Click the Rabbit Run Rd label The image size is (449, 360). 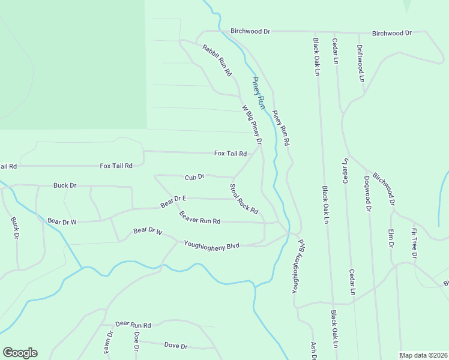(x=217, y=60)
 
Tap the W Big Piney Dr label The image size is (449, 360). (x=252, y=125)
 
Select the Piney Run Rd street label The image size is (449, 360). (x=281, y=128)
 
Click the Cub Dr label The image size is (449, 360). (x=195, y=177)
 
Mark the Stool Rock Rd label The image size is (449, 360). (x=244, y=199)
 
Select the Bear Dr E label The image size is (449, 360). (x=173, y=201)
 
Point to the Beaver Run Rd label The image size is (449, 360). (x=200, y=218)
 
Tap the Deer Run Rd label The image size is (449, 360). (x=133, y=324)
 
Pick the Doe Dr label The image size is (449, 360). (x=136, y=341)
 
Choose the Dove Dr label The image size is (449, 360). (x=176, y=346)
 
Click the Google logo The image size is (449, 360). (x=20, y=353)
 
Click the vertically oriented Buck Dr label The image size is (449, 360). (x=14, y=227)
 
